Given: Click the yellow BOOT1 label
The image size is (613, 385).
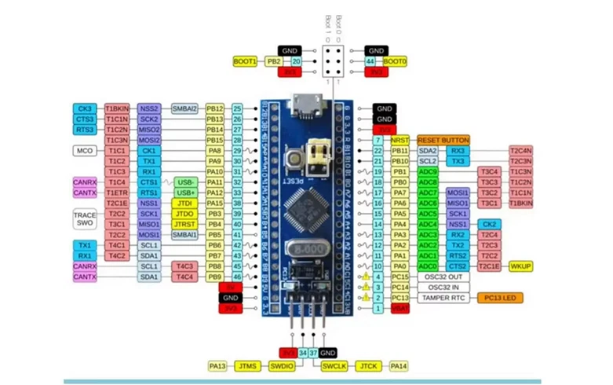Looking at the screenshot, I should pos(246,61).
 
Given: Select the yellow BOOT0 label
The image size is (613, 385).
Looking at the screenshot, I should pos(395,61).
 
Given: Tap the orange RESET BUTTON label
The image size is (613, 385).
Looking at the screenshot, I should pos(443,139).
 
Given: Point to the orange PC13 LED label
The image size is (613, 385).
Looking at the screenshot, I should pos(493,298).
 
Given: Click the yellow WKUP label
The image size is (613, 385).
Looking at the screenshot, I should pos(522,266).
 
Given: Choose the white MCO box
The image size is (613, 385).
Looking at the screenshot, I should pos(85,150).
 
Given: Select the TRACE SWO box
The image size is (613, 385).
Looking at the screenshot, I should pos(85,218).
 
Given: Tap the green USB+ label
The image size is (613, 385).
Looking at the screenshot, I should pos(185,192).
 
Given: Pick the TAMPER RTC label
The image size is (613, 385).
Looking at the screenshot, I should pos(443,298).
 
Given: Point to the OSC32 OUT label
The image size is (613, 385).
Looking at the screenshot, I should pos(443,277).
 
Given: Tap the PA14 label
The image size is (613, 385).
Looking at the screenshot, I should pos(399,365).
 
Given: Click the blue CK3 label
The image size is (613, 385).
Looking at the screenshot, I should pos(85,108).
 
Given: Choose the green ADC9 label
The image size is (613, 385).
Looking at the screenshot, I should pos(428,171).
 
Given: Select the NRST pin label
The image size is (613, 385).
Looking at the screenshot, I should pos(399,139).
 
